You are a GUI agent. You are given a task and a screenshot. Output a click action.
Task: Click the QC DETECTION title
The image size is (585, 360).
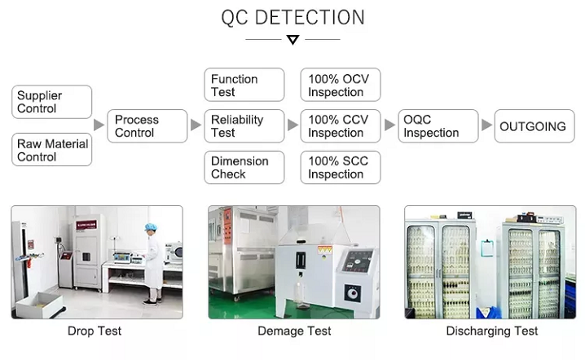(x=292, y=17)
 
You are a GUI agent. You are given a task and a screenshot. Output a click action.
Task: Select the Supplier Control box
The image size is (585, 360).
(x=51, y=102)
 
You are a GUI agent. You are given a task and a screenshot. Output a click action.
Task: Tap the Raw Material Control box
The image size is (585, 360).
(x=51, y=150)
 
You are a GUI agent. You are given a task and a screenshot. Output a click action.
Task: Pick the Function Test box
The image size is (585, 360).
(x=244, y=85)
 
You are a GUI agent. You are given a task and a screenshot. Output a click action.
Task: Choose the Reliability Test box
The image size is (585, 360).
(x=244, y=126)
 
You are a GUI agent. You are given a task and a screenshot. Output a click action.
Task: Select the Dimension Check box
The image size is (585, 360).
(x=244, y=167)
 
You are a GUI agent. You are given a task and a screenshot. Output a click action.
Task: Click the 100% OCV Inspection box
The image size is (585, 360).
(x=341, y=85)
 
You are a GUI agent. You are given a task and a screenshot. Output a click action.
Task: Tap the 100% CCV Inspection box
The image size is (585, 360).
(x=341, y=126)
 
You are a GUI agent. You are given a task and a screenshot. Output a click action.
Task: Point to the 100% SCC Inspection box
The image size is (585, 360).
(x=341, y=167)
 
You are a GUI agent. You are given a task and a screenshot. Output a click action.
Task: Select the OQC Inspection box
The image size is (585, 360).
(x=437, y=126)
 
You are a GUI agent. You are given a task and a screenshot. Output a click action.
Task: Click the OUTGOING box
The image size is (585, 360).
(x=534, y=126)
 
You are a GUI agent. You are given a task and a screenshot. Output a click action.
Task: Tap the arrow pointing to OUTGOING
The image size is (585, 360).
(x=486, y=125)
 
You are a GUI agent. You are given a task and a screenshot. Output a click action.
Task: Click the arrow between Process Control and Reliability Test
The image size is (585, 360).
(x=196, y=125)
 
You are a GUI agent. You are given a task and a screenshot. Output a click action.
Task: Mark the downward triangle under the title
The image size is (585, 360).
(x=292, y=40)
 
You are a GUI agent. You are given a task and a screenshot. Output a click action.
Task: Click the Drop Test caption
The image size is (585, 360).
(x=95, y=331)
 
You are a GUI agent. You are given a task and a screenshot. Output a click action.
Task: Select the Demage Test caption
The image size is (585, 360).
(x=294, y=331)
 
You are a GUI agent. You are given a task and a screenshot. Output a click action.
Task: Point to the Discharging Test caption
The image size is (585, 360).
(x=492, y=331)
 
